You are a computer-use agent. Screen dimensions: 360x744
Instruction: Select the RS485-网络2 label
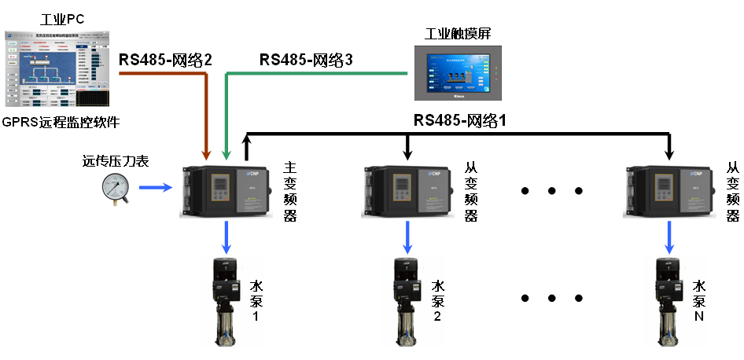coord(166,59)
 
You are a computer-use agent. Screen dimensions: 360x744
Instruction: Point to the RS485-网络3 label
coord(306,59)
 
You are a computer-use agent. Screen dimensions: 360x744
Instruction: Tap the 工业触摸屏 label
coord(458,33)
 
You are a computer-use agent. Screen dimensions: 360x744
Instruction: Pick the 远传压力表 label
coord(116,162)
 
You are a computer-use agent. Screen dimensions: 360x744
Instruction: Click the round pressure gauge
coord(116,189)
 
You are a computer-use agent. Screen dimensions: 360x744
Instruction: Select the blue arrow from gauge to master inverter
coord(156,188)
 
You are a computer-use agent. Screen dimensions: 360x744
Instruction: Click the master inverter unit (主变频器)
coord(226,192)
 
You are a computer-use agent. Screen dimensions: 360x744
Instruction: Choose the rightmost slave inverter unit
coord(669,192)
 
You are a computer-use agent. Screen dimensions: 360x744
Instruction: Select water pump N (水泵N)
coord(669,303)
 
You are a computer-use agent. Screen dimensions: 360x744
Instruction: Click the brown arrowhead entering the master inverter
coord(207,153)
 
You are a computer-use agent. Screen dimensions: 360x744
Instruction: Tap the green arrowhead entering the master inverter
coord(227,153)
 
